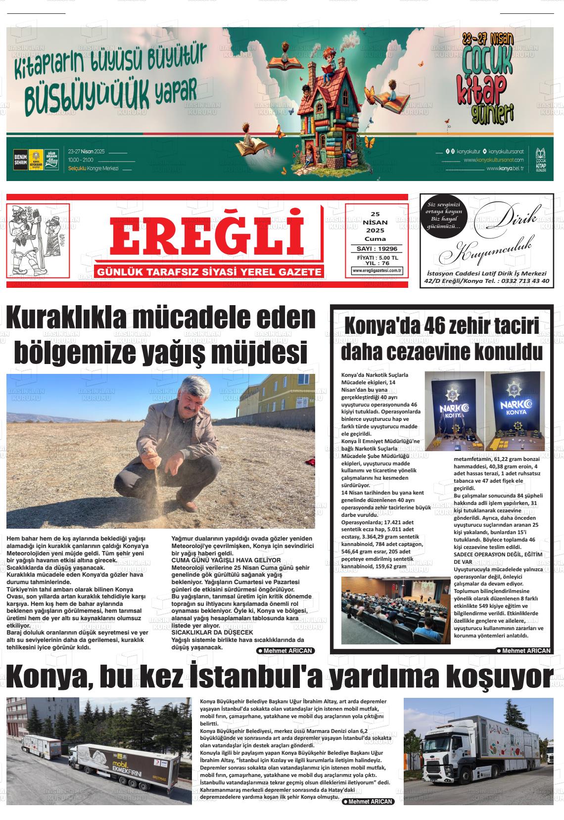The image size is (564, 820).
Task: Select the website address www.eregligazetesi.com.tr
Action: coord(377,271)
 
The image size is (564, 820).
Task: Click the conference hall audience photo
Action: coord(395,610)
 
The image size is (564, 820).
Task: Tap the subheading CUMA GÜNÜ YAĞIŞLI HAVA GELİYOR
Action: coord(226,560)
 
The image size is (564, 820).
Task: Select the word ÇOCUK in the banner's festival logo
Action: coord(487,62)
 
